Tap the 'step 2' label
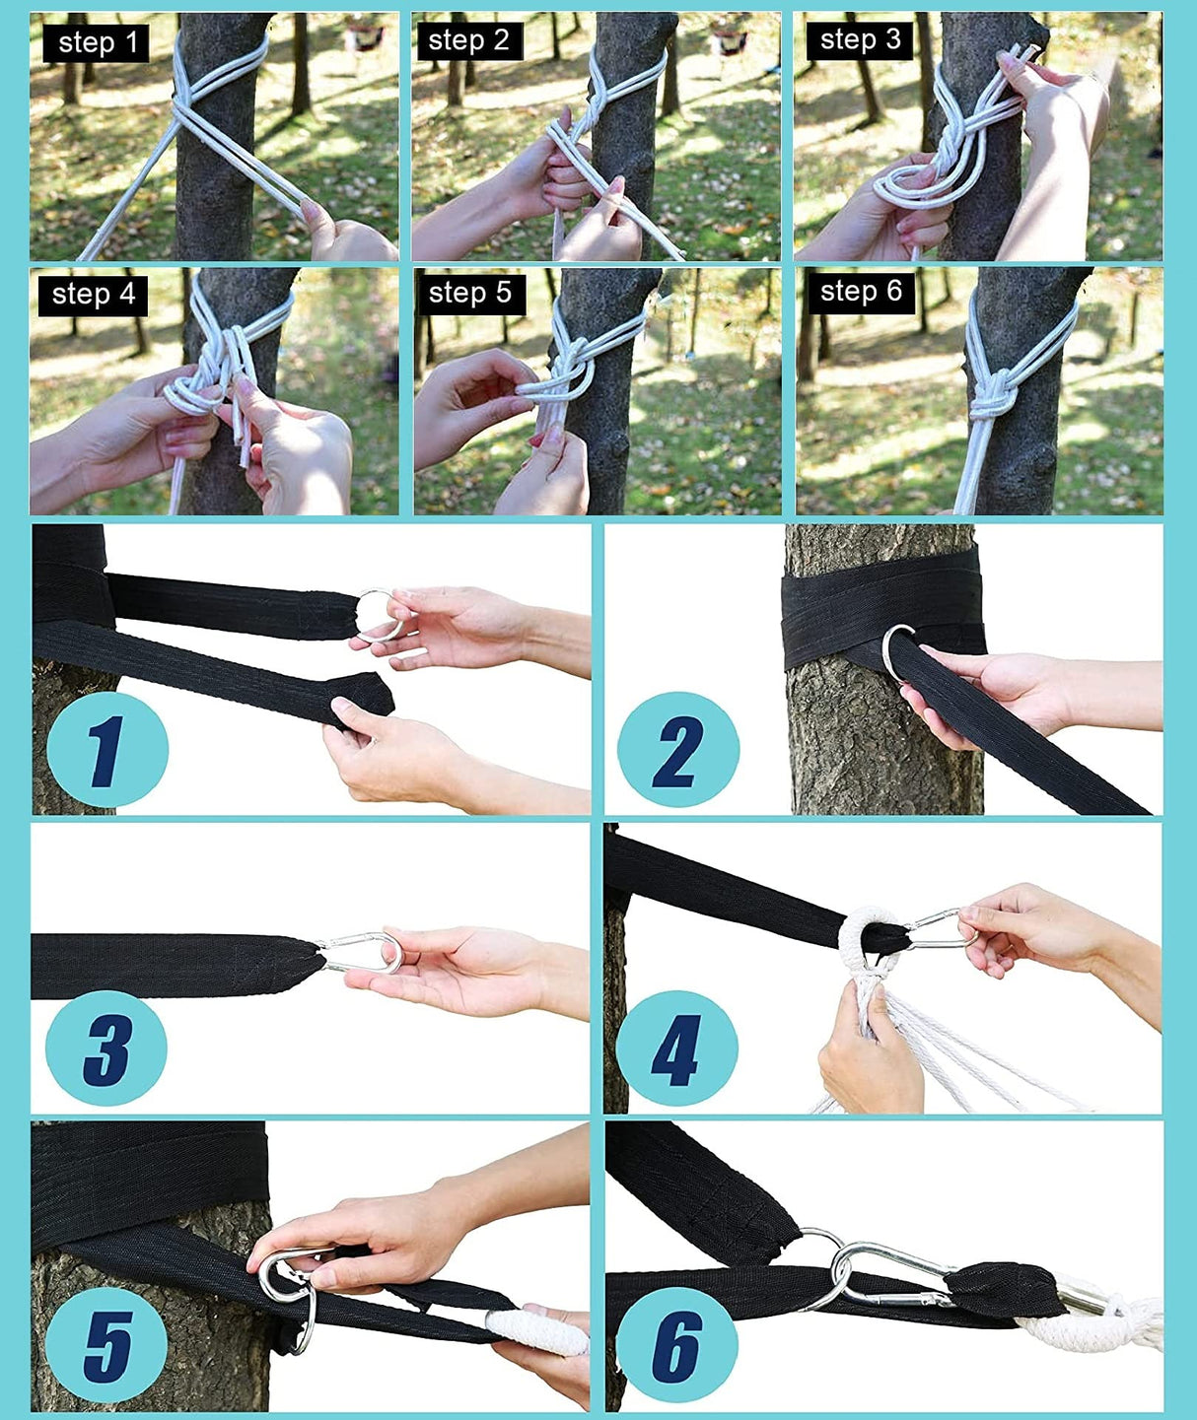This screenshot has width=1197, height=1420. click(469, 40)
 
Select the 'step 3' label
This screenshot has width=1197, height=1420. click(861, 40)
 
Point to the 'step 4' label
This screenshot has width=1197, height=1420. click(94, 295)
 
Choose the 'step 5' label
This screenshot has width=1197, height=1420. click(470, 293)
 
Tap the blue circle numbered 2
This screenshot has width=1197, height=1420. click(677, 751)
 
